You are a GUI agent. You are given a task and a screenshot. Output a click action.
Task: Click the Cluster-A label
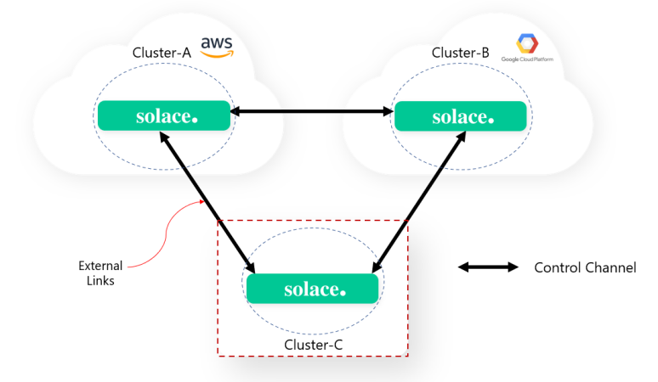[x=162, y=53]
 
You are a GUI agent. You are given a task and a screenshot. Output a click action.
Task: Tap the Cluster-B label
[x=461, y=53]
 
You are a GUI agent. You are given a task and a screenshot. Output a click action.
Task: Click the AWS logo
[x=216, y=47]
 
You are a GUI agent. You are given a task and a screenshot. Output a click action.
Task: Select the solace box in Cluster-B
[x=460, y=116]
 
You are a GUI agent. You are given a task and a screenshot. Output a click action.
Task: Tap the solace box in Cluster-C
[x=312, y=289]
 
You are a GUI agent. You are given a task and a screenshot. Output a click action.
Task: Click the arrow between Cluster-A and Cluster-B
[x=312, y=110]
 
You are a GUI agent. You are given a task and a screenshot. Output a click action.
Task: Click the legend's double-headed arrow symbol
[x=488, y=267]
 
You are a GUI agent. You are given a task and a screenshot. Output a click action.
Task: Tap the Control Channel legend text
[x=584, y=268]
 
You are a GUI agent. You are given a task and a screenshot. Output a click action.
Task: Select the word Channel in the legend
[x=610, y=268]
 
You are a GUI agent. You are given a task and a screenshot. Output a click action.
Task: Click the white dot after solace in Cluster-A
[x=196, y=121]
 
